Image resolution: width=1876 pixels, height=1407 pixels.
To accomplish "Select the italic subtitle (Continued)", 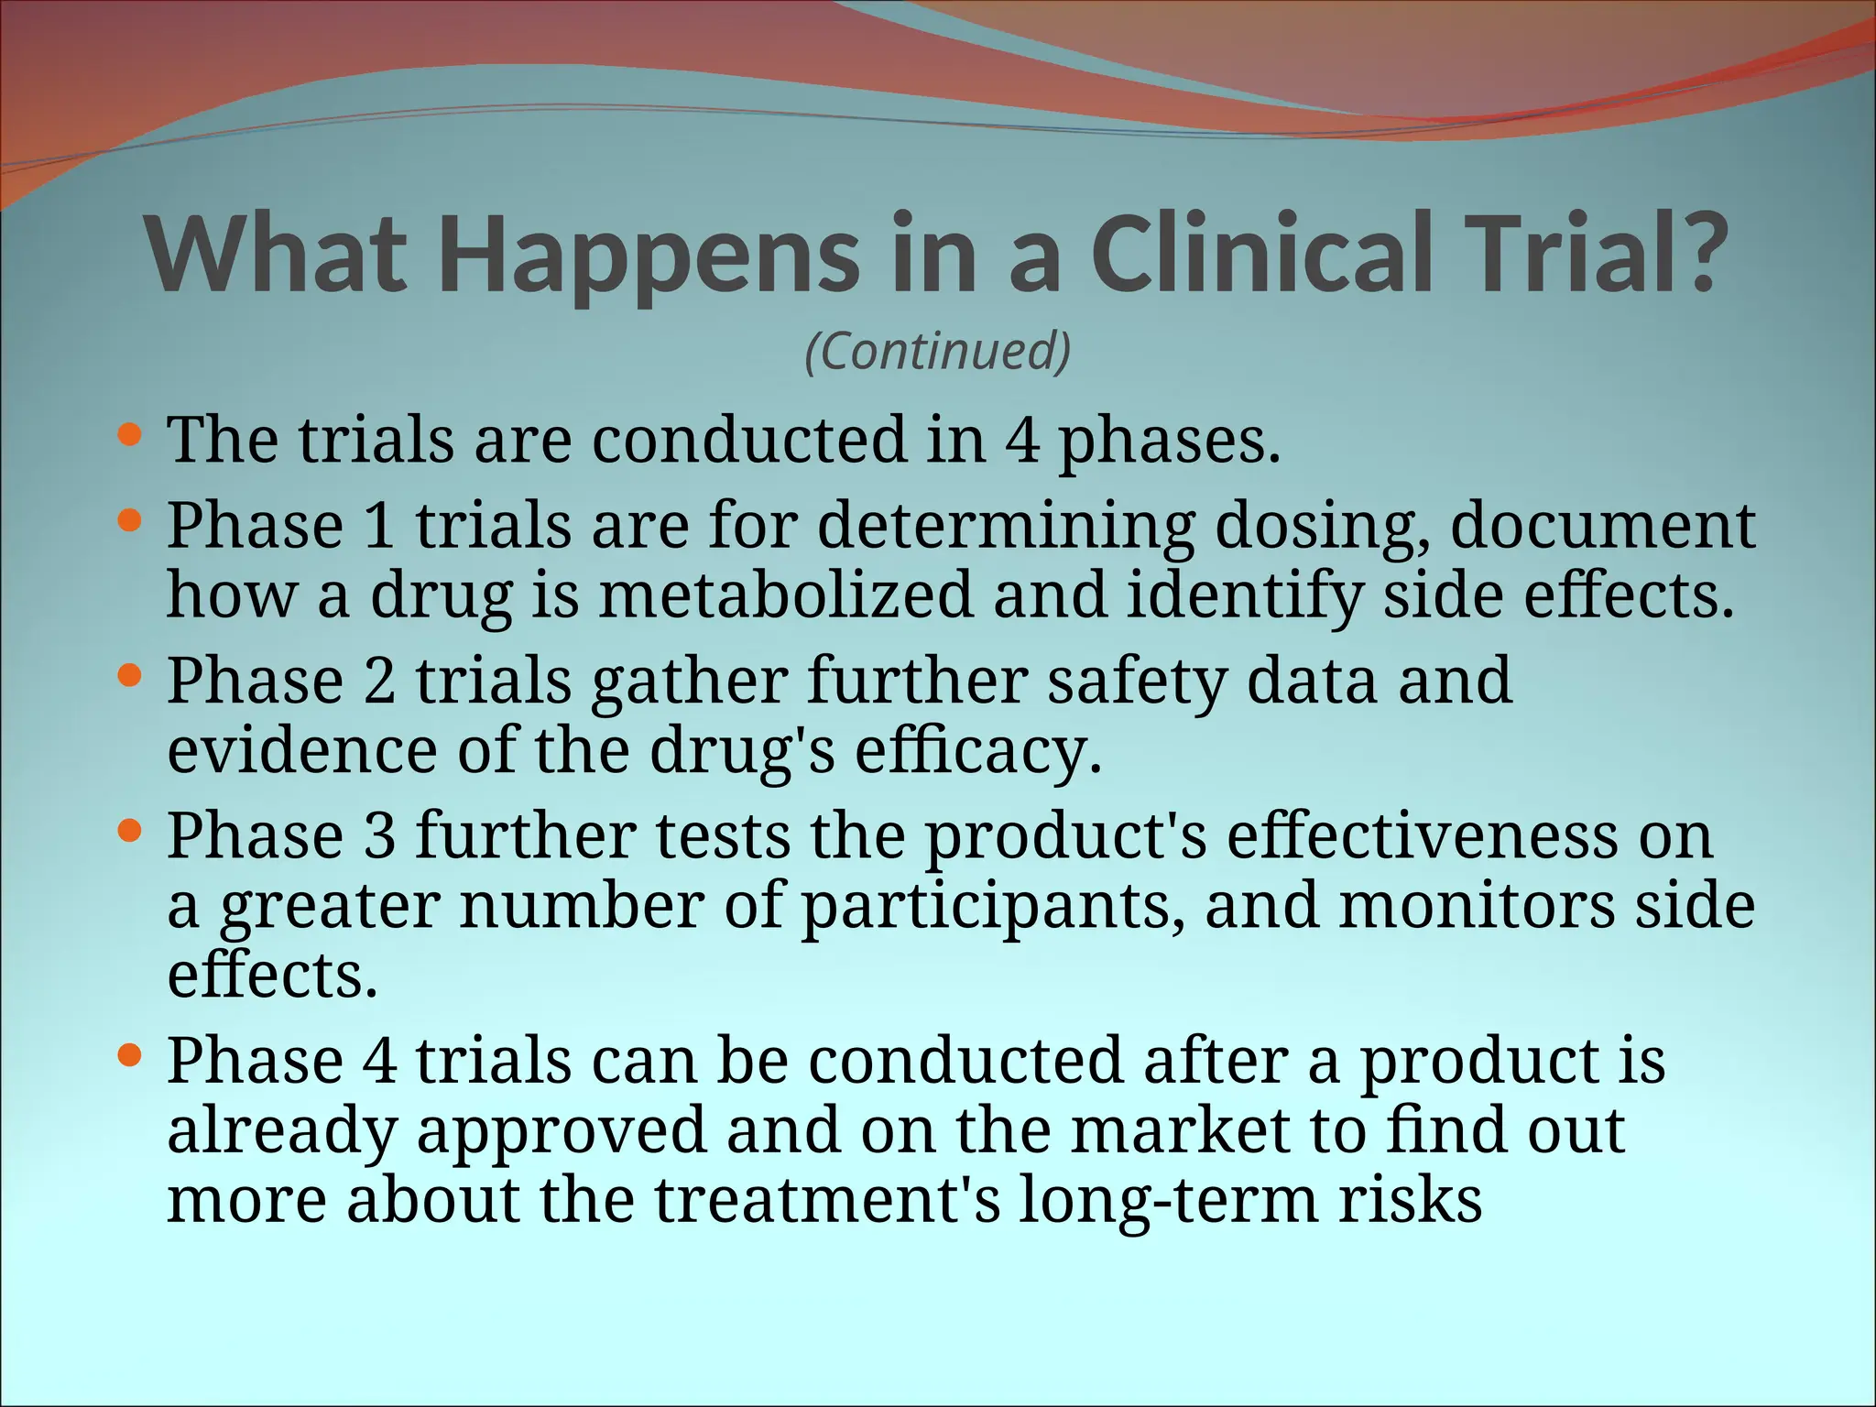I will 938,351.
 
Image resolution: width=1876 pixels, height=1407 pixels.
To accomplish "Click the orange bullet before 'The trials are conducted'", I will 131,434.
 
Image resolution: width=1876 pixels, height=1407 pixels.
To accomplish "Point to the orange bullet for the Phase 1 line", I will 131,521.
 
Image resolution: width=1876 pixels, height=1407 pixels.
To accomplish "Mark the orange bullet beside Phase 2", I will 131,677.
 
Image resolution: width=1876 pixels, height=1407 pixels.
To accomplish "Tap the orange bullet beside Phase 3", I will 131,832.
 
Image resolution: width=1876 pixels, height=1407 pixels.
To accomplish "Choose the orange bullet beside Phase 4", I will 131,1056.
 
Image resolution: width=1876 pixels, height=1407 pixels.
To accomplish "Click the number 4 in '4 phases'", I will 1022,440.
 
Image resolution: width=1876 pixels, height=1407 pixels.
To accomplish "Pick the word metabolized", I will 785,595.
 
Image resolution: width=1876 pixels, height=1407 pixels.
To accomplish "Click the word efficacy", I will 977,753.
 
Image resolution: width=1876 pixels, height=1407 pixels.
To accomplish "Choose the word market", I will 1181,1130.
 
